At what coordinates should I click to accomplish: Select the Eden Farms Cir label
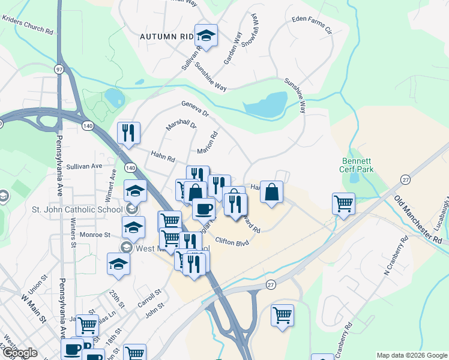(312, 23)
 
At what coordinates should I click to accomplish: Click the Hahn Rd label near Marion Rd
(163, 158)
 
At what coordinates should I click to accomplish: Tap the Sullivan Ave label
(85, 166)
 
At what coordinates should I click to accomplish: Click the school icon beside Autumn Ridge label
(206, 36)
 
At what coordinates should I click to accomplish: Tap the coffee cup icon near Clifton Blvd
(203, 209)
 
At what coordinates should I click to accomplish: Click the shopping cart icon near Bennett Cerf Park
(344, 203)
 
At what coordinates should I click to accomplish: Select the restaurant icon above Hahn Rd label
(128, 133)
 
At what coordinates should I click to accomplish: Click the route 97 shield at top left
(58, 70)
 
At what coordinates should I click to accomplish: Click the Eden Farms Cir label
(312, 23)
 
